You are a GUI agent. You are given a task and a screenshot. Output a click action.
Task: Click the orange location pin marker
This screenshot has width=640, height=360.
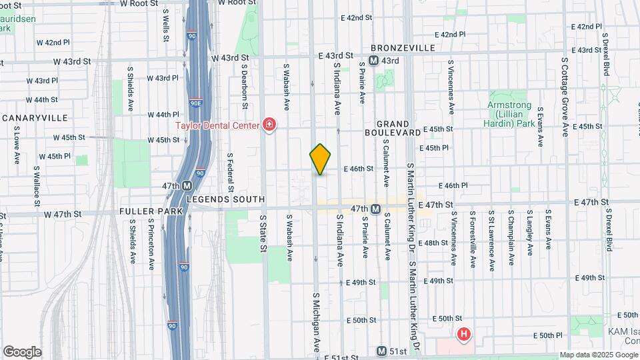coord(320,159)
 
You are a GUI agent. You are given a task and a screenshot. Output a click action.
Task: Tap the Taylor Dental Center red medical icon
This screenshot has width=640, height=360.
coord(269,125)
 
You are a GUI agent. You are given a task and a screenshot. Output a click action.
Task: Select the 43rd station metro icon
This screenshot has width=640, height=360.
coord(373,61)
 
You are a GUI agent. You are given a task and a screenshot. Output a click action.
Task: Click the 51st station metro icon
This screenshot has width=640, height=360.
coord(381,351)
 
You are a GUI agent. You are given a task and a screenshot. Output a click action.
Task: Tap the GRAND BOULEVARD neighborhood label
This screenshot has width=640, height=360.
coord(399,128)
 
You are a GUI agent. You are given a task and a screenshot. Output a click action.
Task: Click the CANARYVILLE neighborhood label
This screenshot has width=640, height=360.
coord(35,117)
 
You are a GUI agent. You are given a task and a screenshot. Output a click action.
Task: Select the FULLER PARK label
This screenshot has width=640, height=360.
coord(141,211)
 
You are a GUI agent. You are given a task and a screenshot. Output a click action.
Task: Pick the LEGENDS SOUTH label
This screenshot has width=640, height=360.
coord(225,199)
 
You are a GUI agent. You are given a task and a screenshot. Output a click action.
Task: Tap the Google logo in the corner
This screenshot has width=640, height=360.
coord(22,352)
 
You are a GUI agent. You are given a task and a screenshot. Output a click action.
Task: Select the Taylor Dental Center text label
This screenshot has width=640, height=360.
coord(218,125)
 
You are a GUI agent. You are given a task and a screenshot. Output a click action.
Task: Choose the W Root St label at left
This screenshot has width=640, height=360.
coord(139,3)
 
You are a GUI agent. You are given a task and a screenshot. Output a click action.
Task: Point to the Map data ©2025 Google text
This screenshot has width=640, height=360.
coord(599,355)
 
